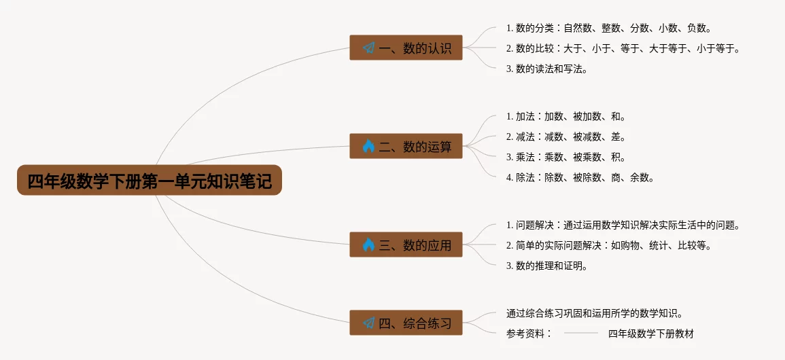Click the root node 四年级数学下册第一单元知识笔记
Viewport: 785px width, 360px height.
click(x=149, y=181)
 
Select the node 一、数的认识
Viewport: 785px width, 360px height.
click(x=406, y=48)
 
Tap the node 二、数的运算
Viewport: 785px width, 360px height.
click(x=406, y=146)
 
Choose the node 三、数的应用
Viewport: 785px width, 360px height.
click(x=406, y=245)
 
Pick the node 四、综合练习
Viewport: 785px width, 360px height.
click(x=406, y=323)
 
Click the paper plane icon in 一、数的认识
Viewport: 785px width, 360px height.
click(x=368, y=48)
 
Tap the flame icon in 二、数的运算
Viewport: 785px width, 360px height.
click(x=368, y=146)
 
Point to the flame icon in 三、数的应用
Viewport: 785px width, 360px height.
click(x=368, y=245)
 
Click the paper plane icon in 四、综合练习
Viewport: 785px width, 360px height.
click(x=368, y=323)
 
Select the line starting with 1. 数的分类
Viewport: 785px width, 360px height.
click(x=608, y=28)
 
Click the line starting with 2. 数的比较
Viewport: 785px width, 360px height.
click(x=623, y=48)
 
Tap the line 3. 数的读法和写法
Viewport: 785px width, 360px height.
click(x=546, y=69)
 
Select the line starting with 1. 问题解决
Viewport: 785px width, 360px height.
click(x=623, y=225)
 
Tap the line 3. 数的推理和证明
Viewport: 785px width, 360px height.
click(x=546, y=266)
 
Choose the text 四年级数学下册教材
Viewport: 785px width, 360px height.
click(x=650, y=334)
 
